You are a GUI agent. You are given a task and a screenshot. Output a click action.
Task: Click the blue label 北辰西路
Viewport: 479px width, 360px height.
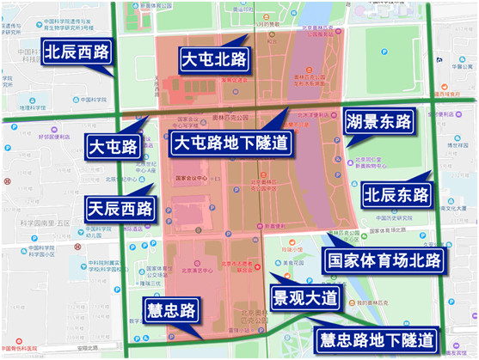[77, 52]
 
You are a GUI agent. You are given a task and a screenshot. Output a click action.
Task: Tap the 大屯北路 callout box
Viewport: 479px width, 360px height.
[212, 58]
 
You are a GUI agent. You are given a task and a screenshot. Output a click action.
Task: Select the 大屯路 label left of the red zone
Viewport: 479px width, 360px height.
[113, 146]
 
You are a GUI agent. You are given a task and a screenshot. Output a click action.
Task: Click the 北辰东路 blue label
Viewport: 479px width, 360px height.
[396, 193]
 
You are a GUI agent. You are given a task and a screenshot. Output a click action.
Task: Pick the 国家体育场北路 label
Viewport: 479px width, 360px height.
[380, 258]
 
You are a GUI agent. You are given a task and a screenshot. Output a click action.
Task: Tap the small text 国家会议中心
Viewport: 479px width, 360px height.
[192, 178]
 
